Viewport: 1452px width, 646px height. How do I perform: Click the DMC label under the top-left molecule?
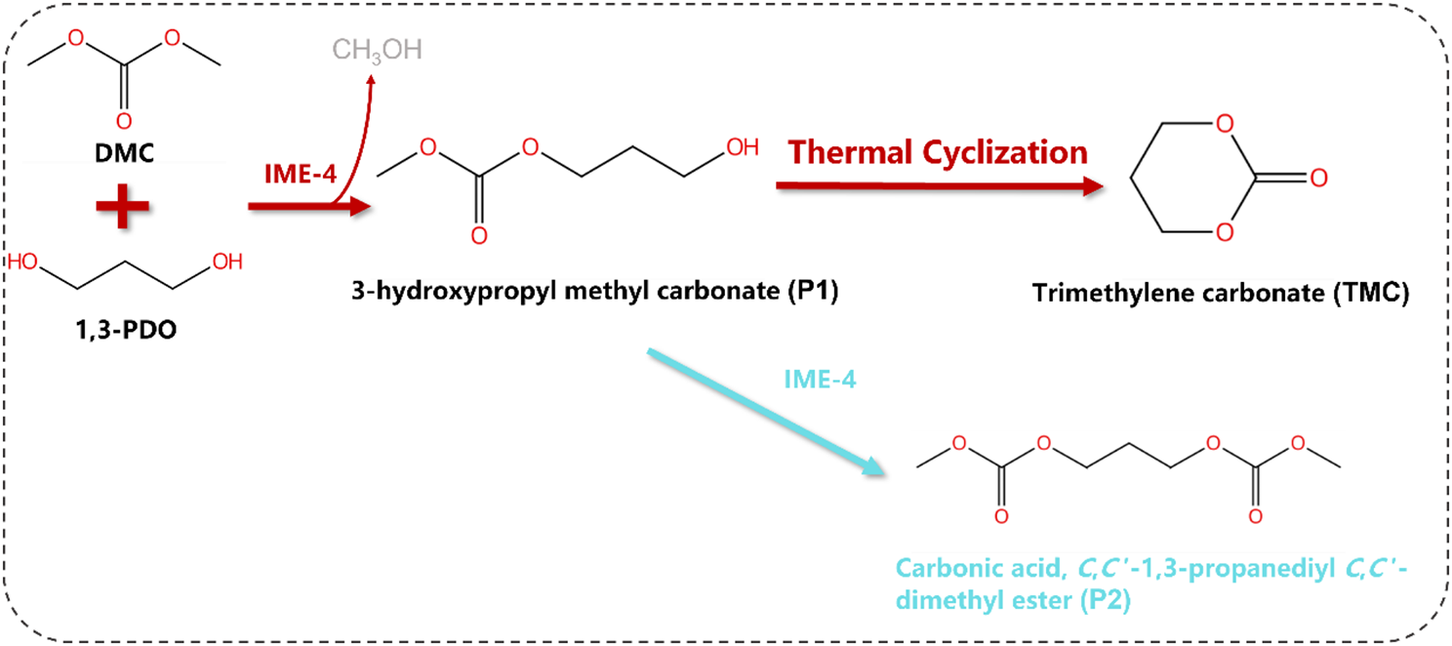point(123,154)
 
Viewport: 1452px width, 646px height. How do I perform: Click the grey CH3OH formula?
point(378,50)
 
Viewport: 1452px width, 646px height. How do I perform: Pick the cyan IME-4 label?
point(822,381)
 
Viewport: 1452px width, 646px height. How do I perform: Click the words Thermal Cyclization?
point(939,153)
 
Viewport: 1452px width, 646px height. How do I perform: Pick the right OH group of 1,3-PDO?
point(226,262)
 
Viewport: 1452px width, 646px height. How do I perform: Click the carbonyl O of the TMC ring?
point(1318,179)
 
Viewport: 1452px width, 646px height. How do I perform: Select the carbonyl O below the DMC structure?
point(123,120)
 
